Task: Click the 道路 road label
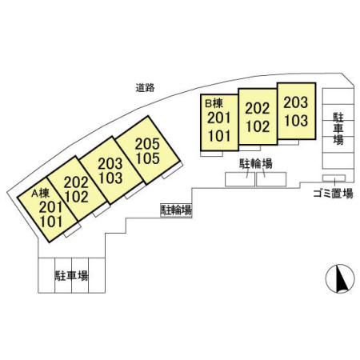145,87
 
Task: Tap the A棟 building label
41,194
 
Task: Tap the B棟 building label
214,103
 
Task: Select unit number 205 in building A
147,144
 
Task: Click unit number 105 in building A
147,158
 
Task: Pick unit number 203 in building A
110,164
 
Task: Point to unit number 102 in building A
77,197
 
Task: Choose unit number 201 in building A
50,207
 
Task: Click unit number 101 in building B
219,136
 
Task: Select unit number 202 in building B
258,109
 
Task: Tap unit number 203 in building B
295,102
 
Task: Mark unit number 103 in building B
296,120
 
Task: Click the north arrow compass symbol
340,278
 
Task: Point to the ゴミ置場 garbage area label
334,194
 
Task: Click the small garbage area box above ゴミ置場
334,178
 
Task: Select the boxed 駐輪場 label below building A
176,210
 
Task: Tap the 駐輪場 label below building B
256,163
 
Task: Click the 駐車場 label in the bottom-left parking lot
71,276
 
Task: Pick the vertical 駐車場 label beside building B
338,129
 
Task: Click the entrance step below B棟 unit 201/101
211,154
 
